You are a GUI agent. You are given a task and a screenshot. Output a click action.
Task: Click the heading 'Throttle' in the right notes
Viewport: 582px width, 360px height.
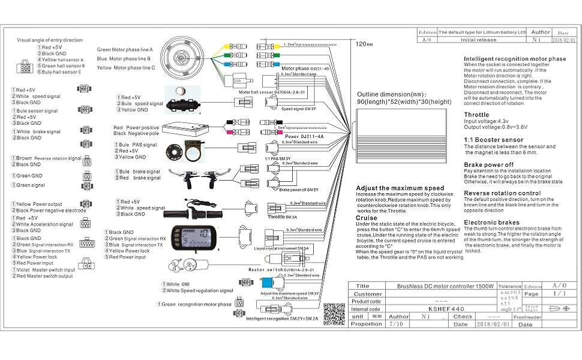[x=476, y=115]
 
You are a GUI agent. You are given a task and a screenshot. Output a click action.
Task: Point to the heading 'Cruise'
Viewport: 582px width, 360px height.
[x=367, y=218]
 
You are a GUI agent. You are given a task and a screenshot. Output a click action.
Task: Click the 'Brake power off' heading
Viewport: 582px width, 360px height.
[x=489, y=164]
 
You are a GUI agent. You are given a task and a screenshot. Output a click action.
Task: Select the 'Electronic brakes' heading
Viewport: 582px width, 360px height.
[x=491, y=223]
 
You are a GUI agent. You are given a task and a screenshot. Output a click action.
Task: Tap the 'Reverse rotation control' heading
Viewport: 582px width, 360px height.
[x=502, y=193]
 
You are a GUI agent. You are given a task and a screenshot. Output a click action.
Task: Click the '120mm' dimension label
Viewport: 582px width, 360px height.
[x=364, y=44]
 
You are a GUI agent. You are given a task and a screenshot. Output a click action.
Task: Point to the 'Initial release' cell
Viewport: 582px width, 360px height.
[x=478, y=40]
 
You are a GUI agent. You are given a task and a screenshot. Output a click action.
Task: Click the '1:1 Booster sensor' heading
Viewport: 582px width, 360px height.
[x=493, y=140]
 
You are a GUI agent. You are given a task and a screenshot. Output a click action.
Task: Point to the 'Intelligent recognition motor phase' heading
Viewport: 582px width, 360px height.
[x=514, y=59]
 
